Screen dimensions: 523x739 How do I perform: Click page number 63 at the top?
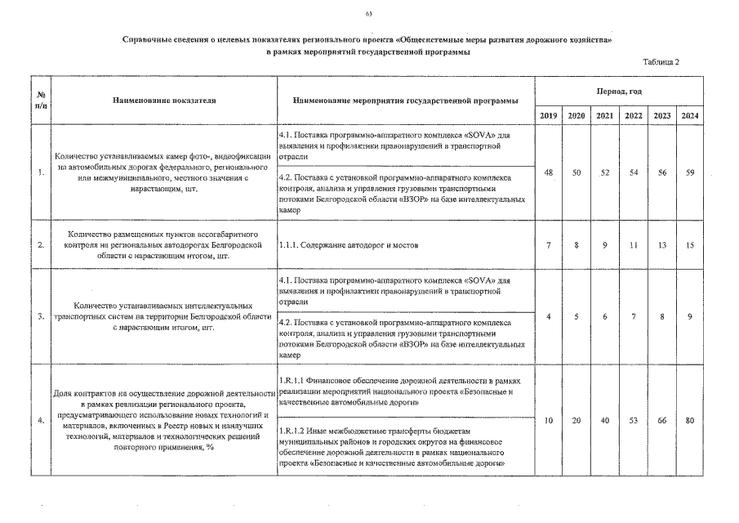pos(369,15)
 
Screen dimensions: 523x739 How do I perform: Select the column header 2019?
pos(549,116)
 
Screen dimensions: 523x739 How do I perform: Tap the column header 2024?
pos(689,116)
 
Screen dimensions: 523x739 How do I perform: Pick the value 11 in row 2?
pos(634,244)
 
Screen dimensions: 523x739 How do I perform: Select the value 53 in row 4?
pos(634,420)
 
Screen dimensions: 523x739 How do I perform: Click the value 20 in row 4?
pos(577,420)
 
